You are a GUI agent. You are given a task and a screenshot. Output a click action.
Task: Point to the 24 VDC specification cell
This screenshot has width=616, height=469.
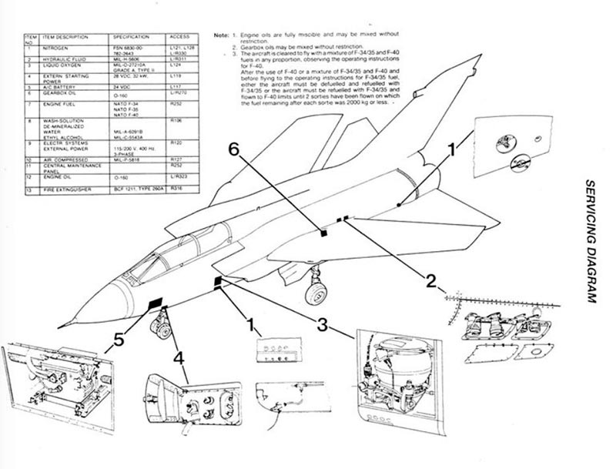coord(123,87)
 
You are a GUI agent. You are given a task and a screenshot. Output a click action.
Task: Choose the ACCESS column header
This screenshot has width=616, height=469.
coord(179,37)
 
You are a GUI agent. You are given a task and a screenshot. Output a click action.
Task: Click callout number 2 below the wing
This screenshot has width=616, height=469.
coord(431,280)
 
